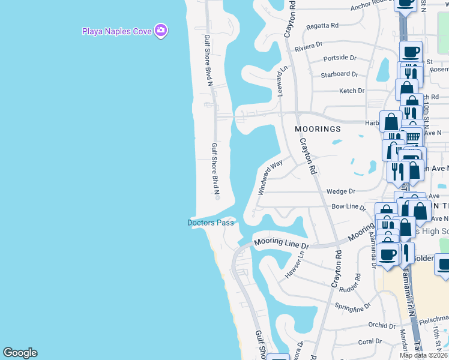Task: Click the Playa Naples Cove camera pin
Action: pos(160,30)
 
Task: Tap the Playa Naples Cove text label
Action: pos(117,31)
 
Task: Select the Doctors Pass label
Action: pos(210,223)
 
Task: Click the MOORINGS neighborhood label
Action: pos(318,129)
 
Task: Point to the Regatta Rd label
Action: pos(322,26)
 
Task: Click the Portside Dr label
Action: pos(340,58)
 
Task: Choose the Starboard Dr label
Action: pos(339,74)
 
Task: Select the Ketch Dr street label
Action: pos(352,91)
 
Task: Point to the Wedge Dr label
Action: pos(341,192)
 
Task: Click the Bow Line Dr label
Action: pos(349,207)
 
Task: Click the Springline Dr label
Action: pos(354,306)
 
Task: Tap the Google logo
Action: pos(20,353)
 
